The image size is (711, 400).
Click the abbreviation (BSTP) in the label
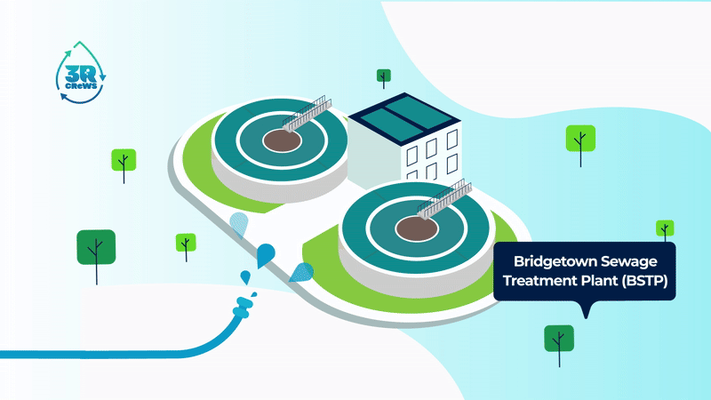coord(645,281)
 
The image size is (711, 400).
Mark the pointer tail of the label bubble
coord(584,311)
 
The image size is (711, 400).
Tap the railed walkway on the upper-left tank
coord(310,116)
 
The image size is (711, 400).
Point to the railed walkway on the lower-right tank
coord(445,200)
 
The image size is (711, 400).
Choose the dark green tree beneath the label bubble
coord(559,339)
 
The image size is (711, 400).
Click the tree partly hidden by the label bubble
coord(665,228)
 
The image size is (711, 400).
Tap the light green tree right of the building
coord(580,140)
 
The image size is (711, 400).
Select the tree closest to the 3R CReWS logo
coord(124,161)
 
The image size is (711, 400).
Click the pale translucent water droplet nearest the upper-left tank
coord(237,224)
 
